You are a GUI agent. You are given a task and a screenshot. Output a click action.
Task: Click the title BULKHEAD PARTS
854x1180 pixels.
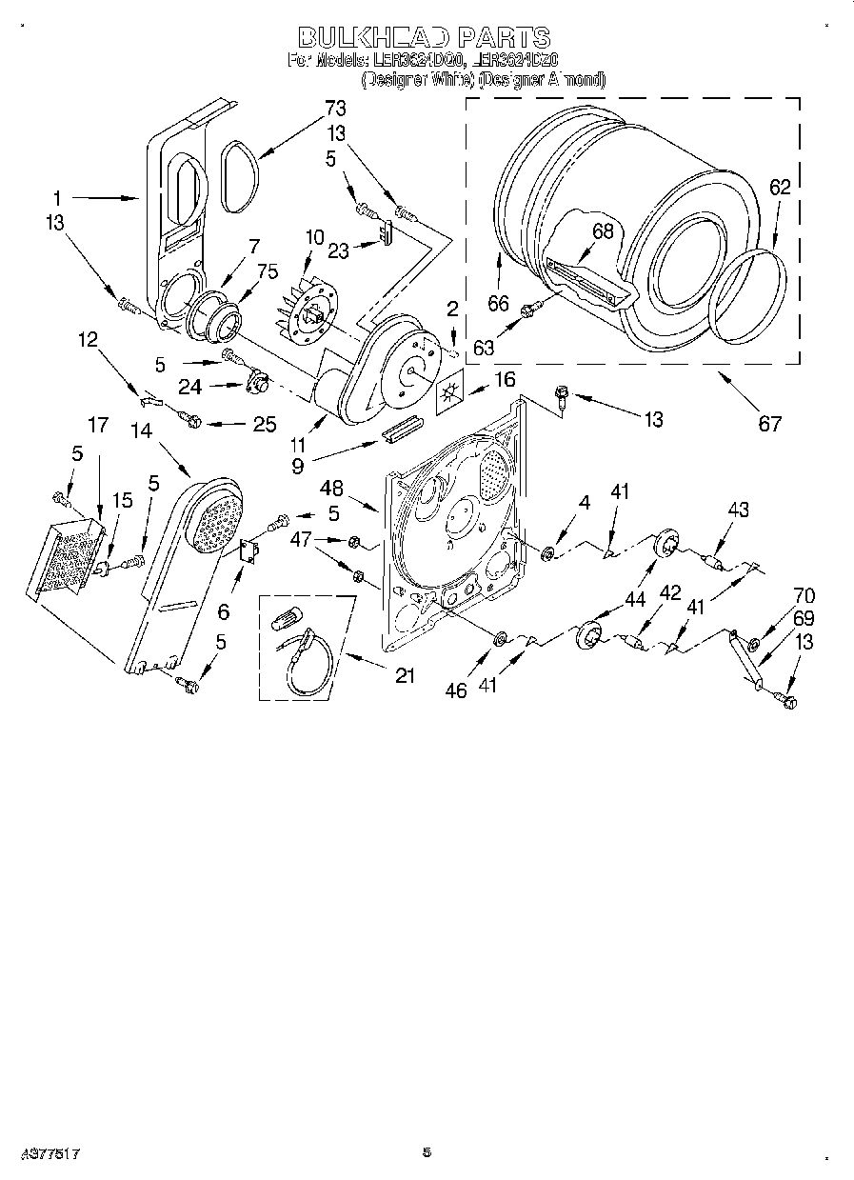click(425, 37)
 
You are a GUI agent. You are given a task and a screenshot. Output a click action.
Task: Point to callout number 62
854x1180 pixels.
click(779, 188)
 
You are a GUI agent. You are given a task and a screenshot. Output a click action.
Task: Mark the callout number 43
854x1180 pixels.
click(737, 510)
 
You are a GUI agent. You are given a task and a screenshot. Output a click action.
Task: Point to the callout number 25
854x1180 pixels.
click(264, 425)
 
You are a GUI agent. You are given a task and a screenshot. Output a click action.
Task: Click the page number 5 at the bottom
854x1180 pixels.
click(427, 1152)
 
